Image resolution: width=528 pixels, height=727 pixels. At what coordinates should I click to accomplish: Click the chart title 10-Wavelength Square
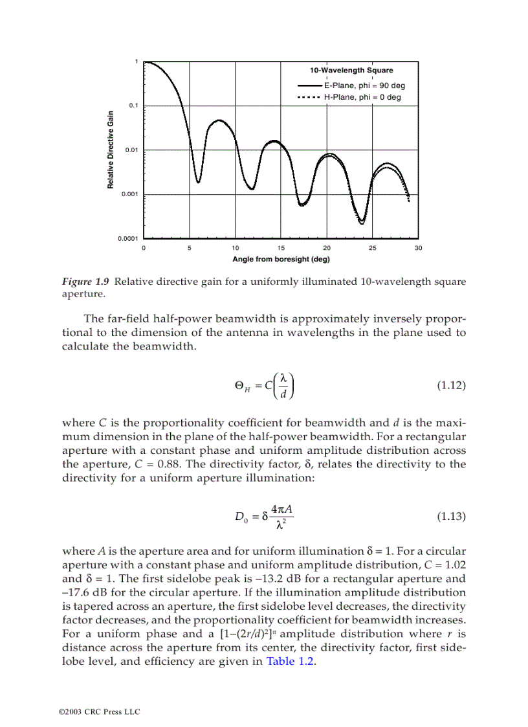351,71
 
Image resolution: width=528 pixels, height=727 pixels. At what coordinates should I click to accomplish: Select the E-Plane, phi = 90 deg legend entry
364,85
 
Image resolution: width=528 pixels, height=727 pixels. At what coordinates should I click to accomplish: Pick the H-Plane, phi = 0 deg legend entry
362,97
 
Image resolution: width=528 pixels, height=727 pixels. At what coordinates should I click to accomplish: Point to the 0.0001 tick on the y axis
129,239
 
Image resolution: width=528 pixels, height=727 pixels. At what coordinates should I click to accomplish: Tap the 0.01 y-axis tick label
132,150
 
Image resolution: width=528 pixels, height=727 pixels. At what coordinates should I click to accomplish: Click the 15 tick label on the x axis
281,248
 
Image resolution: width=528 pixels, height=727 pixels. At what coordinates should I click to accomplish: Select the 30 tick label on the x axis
418,248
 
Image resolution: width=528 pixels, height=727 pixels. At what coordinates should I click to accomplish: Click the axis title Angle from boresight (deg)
281,260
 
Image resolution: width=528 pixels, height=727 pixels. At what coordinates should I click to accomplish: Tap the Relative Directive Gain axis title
111,150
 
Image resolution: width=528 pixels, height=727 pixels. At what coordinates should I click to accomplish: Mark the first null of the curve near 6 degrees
198,182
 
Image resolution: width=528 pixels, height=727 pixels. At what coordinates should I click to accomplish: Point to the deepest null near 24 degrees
362,223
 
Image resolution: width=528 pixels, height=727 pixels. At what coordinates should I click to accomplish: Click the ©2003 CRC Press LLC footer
99,711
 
